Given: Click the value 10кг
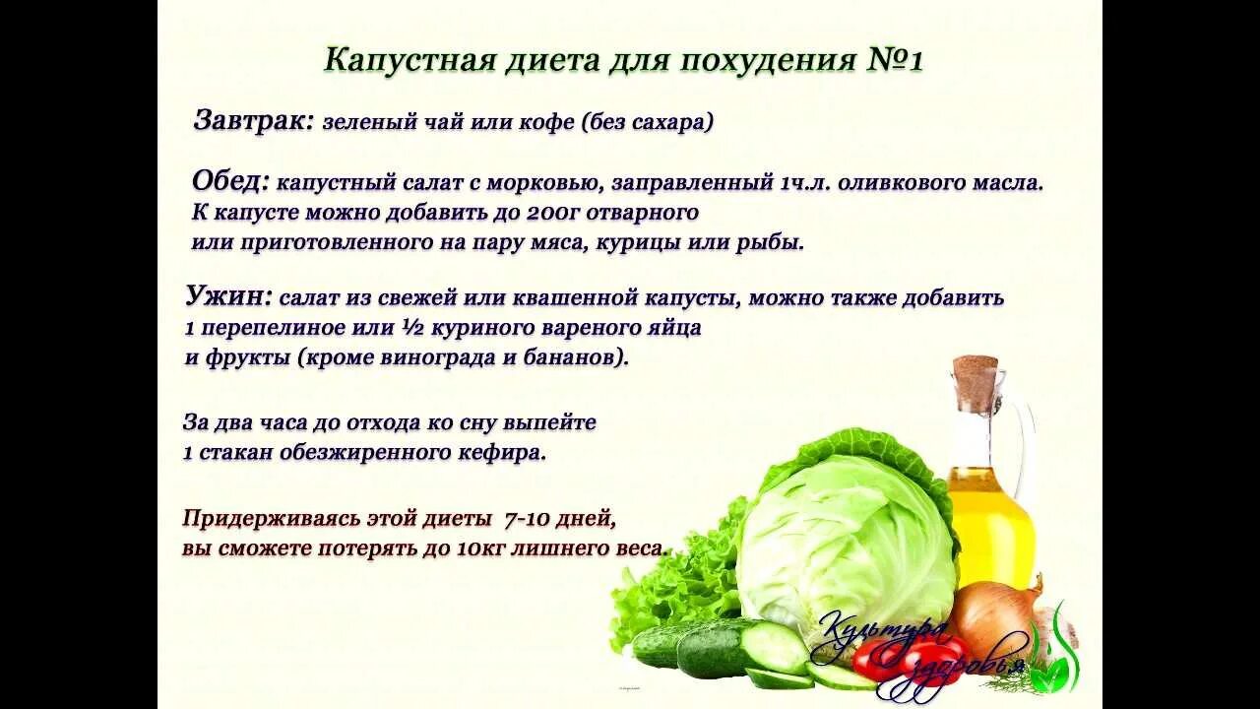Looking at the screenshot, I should tap(481, 548).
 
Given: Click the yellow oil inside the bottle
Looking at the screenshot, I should tap(989, 532).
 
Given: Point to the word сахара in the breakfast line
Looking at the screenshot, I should tap(664, 123).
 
